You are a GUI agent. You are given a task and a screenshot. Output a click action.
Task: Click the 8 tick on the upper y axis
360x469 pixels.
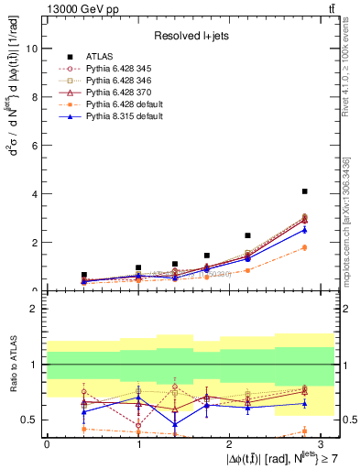[33, 97]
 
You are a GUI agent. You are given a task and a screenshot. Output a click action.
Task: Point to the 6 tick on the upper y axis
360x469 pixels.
[33, 146]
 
